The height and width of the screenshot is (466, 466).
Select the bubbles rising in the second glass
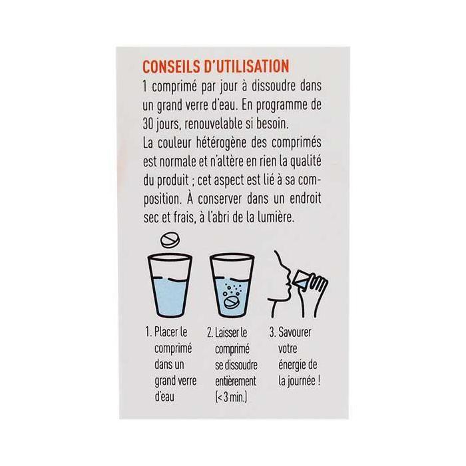234,288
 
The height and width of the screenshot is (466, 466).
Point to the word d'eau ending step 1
164,399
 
